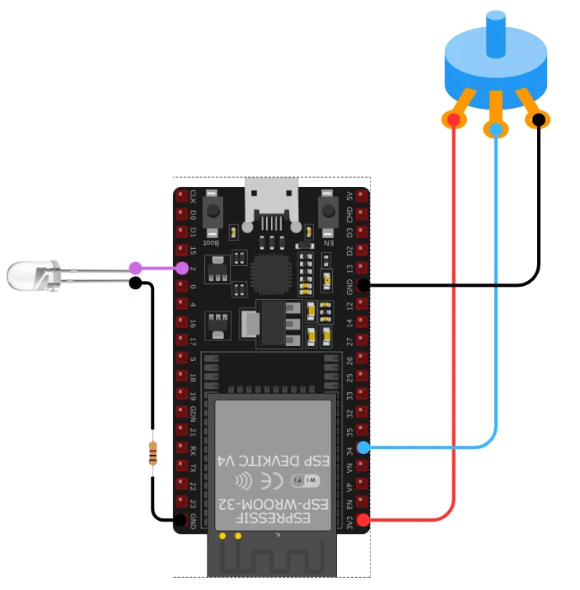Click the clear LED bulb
30,274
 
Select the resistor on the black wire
153,453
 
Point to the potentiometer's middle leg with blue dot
495,129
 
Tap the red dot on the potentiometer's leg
453,120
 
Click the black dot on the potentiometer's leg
538,120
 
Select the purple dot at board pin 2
181,268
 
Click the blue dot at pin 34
362,447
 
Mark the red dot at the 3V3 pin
362,520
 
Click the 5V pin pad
362,196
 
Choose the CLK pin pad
181,196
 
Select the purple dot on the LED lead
135,268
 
